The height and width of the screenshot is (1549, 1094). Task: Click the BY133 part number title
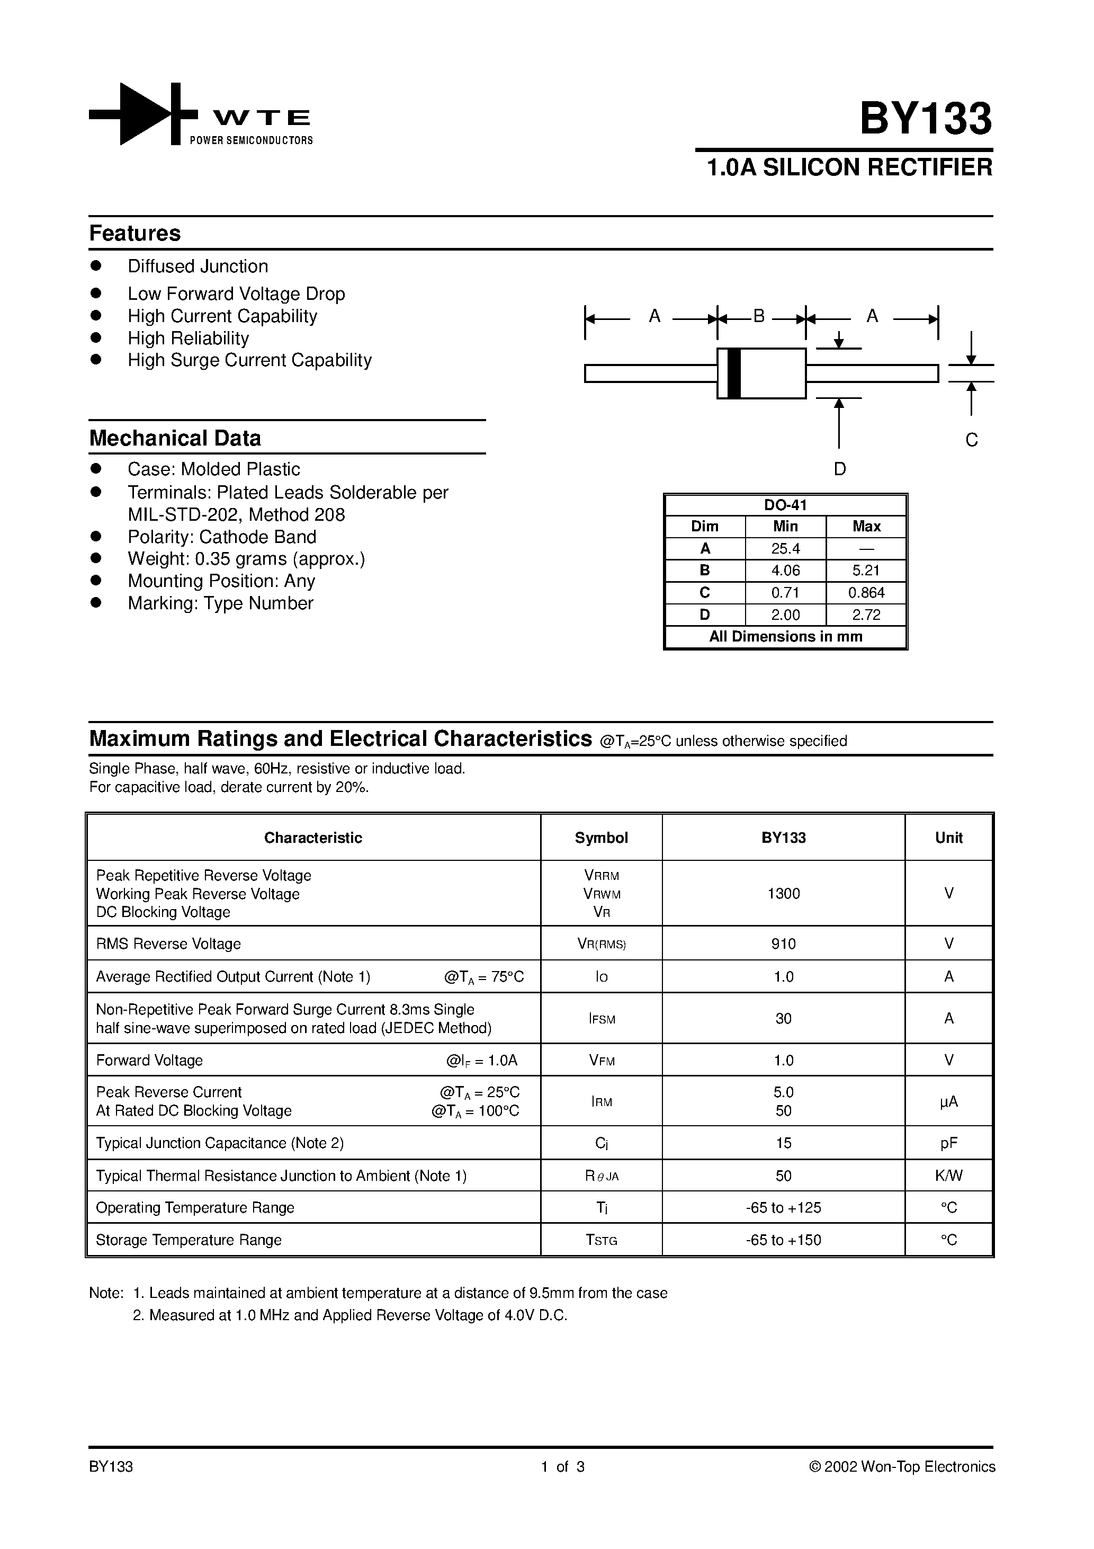tap(926, 119)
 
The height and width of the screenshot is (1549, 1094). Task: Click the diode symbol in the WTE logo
tap(144, 114)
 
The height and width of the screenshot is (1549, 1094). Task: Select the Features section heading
tap(135, 234)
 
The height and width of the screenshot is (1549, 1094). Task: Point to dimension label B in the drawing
tap(759, 316)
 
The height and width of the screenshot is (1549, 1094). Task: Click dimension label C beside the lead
tap(971, 440)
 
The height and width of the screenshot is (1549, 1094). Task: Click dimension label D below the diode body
tap(840, 469)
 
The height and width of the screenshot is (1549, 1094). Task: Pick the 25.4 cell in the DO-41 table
tap(785, 548)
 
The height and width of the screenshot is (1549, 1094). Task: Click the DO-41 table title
tap(785, 505)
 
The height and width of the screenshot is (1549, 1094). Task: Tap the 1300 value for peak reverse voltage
tap(783, 893)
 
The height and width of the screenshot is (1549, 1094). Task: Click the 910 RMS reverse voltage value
tap(783, 944)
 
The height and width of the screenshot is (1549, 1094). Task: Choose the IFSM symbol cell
tap(602, 1019)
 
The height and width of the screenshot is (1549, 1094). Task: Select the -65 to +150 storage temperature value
tap(783, 1240)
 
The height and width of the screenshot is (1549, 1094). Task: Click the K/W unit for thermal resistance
tap(948, 1176)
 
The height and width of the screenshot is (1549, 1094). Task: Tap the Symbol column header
tap(601, 838)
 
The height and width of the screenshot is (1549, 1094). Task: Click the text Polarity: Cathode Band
tap(222, 537)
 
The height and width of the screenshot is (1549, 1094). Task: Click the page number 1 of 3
tap(562, 1467)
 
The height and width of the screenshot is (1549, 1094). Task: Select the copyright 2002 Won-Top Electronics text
tap(902, 1467)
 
